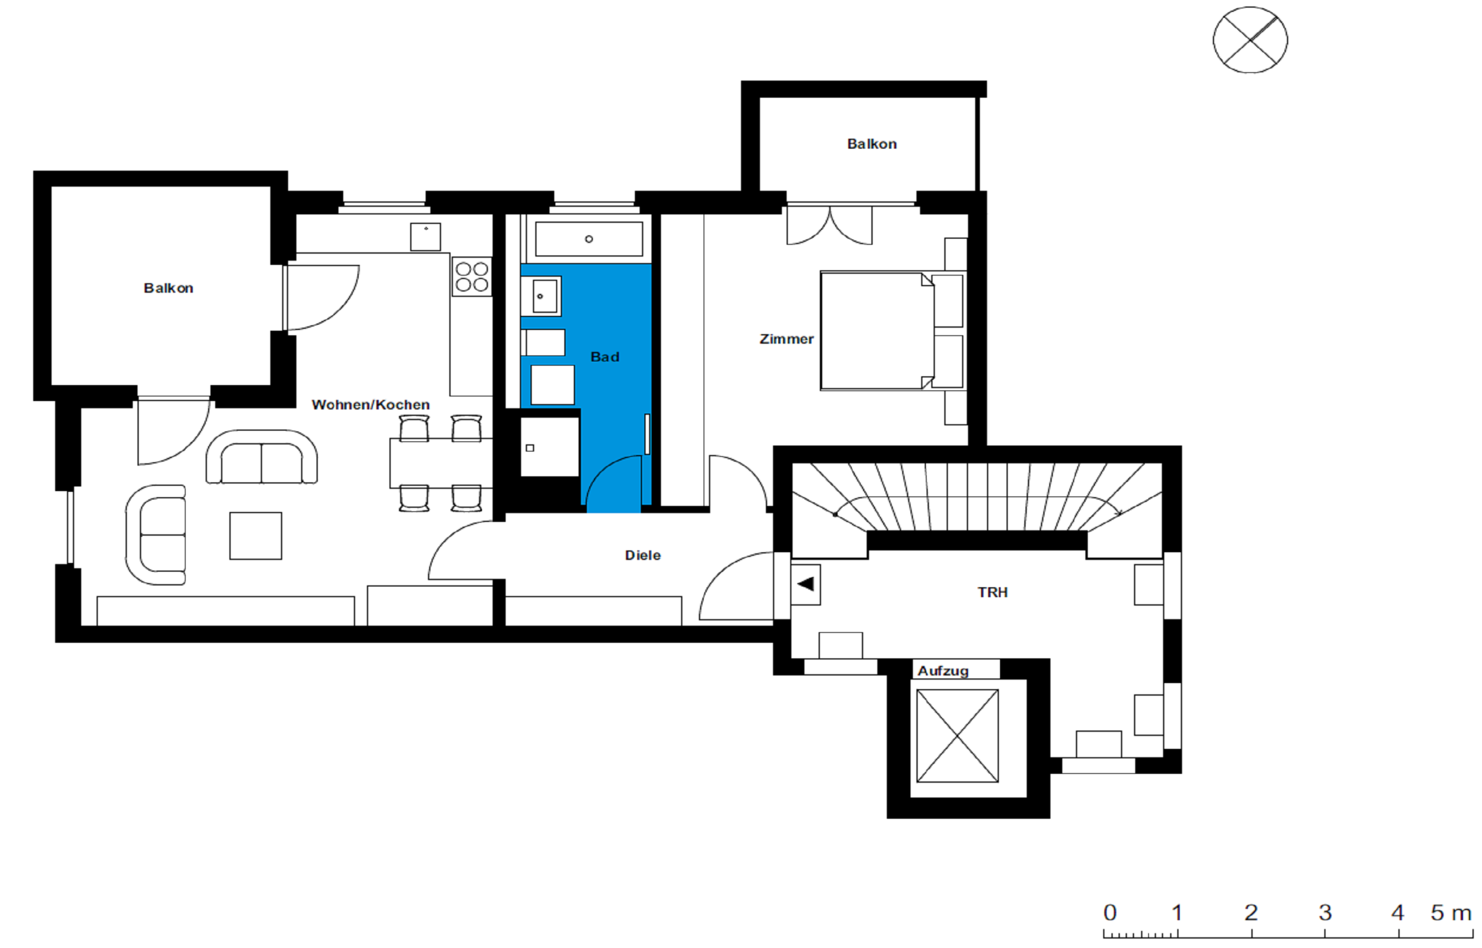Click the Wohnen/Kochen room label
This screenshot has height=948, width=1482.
click(370, 405)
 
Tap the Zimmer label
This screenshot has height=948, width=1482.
click(786, 339)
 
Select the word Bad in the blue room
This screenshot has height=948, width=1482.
click(605, 357)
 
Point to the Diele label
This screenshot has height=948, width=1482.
click(643, 555)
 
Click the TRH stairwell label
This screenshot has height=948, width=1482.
click(992, 592)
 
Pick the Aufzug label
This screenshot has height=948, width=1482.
click(943, 671)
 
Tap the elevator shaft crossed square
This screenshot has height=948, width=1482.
click(957, 736)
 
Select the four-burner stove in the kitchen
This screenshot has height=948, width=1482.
click(472, 277)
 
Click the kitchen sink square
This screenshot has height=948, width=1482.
click(426, 236)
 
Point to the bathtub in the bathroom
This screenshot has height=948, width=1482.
click(589, 239)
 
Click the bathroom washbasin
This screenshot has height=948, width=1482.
click(541, 296)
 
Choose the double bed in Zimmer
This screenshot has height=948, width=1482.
click(877, 331)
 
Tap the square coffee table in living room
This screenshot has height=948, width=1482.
click(255, 536)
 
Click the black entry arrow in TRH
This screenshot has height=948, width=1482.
click(806, 584)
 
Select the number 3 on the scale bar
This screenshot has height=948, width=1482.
click(1325, 912)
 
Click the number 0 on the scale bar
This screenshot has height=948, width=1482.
click(1110, 912)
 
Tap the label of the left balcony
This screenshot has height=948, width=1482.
click(168, 288)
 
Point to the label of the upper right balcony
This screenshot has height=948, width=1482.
click(872, 144)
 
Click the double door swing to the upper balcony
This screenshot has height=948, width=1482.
click(829, 225)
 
